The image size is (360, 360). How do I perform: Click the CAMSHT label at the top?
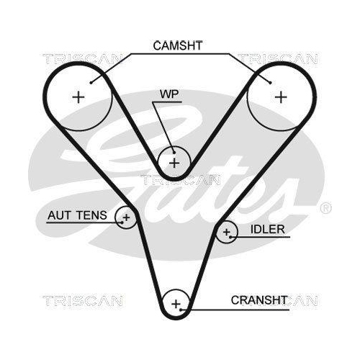coord(178,45)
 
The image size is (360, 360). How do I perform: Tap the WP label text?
coord(169,94)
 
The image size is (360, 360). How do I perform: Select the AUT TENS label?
coord(77,215)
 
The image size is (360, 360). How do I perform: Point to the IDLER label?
coord(268,230)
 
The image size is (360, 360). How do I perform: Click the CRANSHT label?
coord(259,300)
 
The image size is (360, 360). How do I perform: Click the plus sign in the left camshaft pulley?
coord(78,97)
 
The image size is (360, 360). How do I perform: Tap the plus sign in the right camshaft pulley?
coord(281,97)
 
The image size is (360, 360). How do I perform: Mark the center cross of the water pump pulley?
coord(174,163)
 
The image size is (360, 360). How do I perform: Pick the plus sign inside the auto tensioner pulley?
coord(126,217)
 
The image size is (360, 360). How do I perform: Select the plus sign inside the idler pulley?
coord(227,232)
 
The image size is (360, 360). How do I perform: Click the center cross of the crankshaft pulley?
coord(176,304)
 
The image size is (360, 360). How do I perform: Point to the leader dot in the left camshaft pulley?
coord(91,83)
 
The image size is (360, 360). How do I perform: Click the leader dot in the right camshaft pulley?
coord(271,83)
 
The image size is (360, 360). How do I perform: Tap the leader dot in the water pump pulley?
coord(174,153)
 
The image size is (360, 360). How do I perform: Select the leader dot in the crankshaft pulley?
coord(181,310)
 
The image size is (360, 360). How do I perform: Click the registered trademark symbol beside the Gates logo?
coord(325,208)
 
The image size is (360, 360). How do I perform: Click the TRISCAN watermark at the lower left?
coord(83,301)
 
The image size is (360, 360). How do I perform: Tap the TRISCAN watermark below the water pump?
coord(180,180)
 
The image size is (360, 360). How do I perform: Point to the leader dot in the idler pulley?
coord(230,237)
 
